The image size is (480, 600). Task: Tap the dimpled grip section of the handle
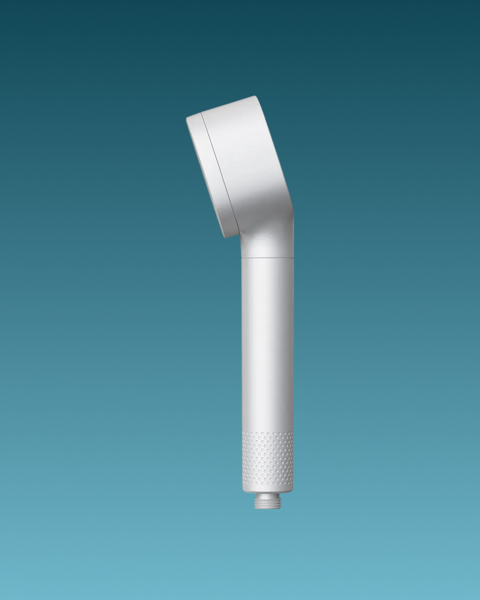(x=267, y=458)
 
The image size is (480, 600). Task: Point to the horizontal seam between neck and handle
(x=267, y=258)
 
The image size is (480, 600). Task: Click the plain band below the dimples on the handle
(x=267, y=488)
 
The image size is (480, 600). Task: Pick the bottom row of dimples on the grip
(x=267, y=483)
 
